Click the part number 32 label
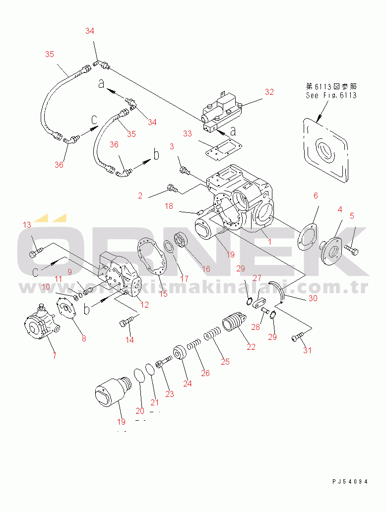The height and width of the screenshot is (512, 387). pos(269,92)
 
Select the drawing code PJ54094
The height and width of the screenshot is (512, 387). pos(350,481)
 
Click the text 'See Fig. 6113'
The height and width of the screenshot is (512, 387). pos(331,95)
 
